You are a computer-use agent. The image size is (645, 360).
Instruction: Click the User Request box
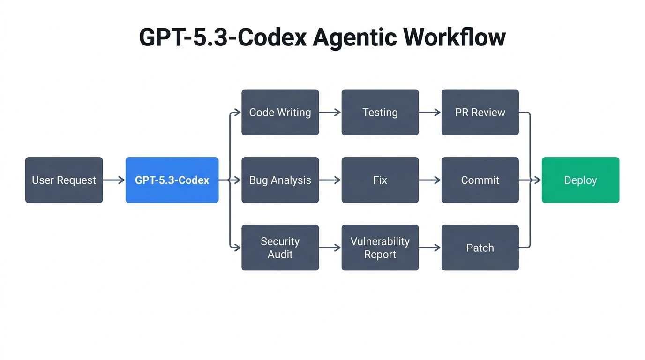tap(64, 180)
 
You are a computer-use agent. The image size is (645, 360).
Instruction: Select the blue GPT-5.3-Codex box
tap(172, 180)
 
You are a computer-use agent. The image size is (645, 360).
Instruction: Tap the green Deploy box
tap(580, 180)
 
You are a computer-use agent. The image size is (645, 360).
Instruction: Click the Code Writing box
tap(280, 112)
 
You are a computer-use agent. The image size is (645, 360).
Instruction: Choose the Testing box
tap(380, 112)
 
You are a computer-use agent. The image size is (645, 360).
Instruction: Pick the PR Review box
tap(480, 112)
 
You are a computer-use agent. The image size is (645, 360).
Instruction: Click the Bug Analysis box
tap(280, 180)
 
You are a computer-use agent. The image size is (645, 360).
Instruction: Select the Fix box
tap(380, 180)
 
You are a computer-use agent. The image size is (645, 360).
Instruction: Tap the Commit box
tap(480, 180)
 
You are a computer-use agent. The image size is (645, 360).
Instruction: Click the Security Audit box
tap(280, 247)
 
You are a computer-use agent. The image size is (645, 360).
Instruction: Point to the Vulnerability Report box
tap(380, 247)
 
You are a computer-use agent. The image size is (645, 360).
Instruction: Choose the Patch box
tap(480, 247)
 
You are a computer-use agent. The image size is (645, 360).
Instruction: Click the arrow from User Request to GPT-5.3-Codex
tap(114, 180)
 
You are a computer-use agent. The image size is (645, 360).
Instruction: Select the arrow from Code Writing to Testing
tap(330, 112)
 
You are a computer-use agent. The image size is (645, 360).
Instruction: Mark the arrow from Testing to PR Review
tap(430, 112)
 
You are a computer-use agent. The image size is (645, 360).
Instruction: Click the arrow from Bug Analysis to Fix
tap(330, 180)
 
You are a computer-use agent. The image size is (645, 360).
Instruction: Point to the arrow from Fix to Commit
tap(430, 180)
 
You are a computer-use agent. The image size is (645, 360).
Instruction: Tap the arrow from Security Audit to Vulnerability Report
tap(330, 247)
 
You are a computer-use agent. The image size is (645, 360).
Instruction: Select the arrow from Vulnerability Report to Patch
tap(430, 247)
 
